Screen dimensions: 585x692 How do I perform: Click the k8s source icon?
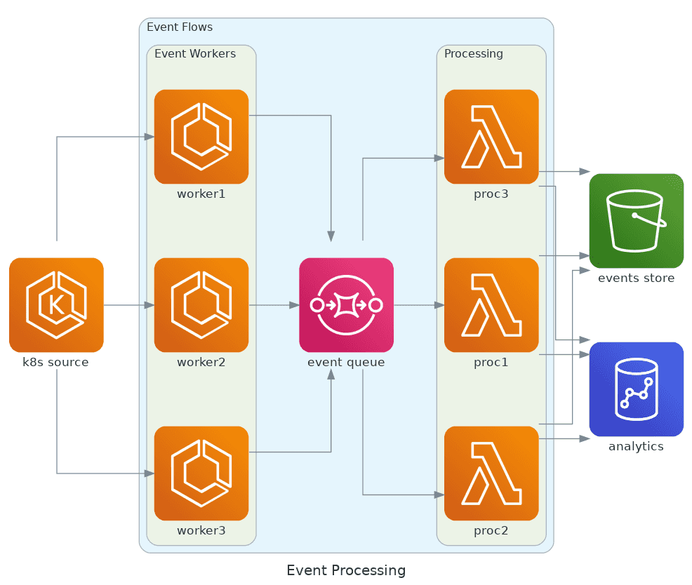[x=56, y=305]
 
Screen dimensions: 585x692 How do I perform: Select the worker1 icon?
[x=201, y=137]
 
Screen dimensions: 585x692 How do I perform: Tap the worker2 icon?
[x=201, y=305]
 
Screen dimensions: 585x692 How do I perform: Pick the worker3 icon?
[x=201, y=473]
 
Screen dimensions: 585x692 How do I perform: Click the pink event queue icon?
[x=346, y=305]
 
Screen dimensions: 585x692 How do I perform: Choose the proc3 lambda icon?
[x=491, y=137]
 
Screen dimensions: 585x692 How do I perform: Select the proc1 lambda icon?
[x=491, y=305]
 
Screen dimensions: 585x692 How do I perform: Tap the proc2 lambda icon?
[x=491, y=473]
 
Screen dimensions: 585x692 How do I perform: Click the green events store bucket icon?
[x=637, y=221]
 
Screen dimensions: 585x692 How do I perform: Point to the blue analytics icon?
[x=637, y=389]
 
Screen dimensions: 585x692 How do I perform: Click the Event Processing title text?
[x=346, y=570]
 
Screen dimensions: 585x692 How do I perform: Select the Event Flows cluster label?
[x=180, y=27]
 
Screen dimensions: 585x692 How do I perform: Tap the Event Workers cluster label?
[x=195, y=54]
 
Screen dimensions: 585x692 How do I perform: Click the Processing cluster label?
[x=474, y=54]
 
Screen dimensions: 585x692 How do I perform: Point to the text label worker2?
[x=201, y=363]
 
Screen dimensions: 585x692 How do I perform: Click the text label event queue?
[x=346, y=363]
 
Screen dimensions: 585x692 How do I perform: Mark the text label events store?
[x=637, y=278]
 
